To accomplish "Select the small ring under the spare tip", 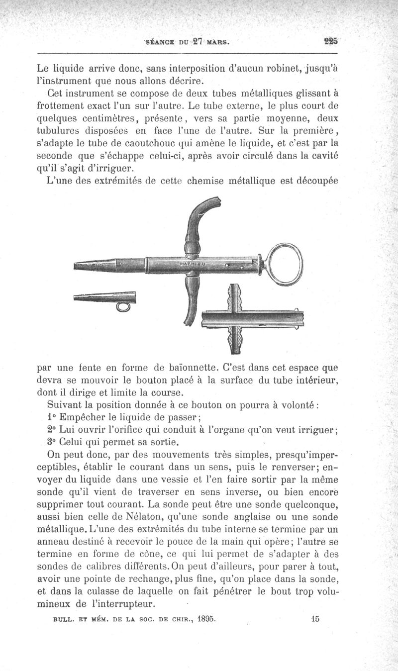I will click(x=123, y=307).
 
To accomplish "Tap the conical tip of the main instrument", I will click(x=95, y=266).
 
